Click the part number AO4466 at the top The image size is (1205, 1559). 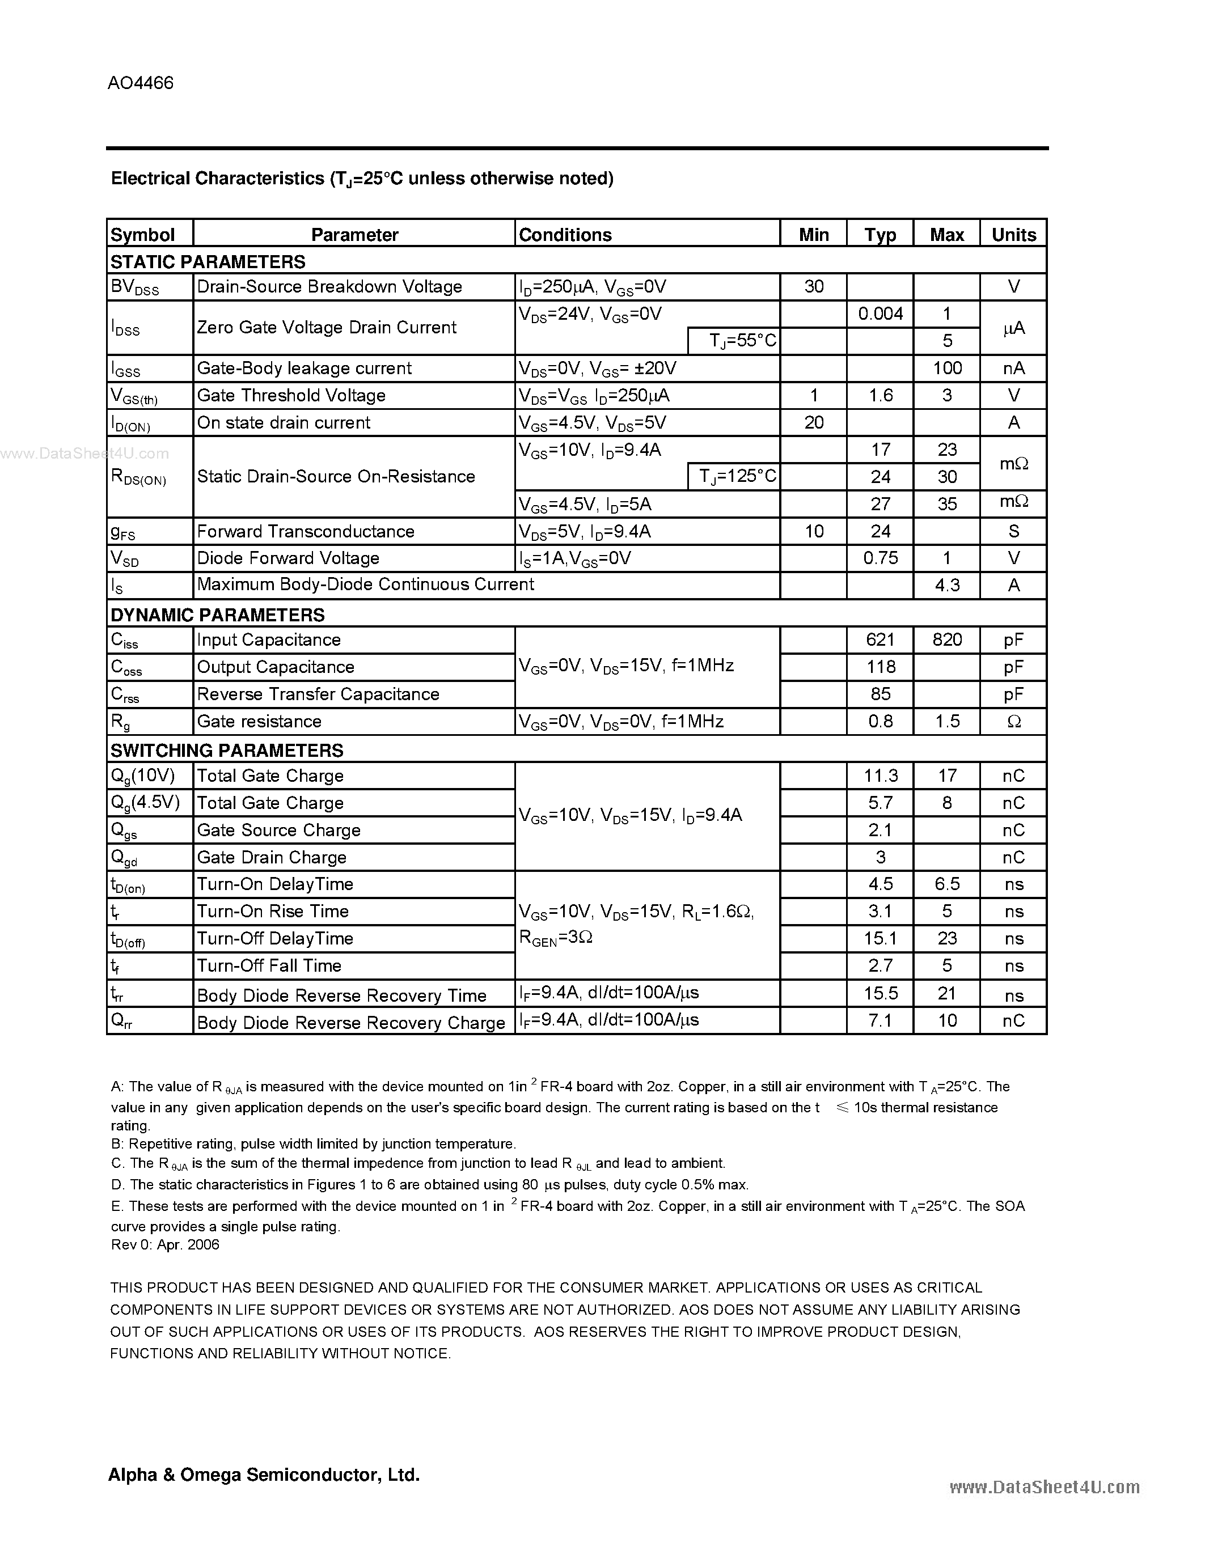pos(141,83)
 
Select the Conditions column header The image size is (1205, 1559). pos(565,235)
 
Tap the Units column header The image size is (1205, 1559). pos(1013,235)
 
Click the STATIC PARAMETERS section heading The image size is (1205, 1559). pos(208,261)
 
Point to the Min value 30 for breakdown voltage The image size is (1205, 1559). pos(813,286)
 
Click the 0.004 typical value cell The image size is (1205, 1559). pos(880,314)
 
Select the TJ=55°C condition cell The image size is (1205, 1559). pos(734,341)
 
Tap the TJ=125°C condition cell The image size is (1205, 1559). pos(734,476)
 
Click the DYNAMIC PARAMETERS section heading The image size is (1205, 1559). pos(217,615)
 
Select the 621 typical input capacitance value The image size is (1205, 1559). pos(880,639)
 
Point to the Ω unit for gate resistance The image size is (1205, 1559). pos(1013,722)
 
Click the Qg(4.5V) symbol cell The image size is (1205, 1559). pos(149,803)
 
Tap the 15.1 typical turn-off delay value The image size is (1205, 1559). pos(880,938)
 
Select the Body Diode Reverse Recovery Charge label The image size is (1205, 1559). pos(350,1022)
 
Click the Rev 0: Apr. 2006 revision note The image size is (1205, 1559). pos(165,1244)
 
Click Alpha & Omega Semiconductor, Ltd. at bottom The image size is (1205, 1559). pos(264,1474)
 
